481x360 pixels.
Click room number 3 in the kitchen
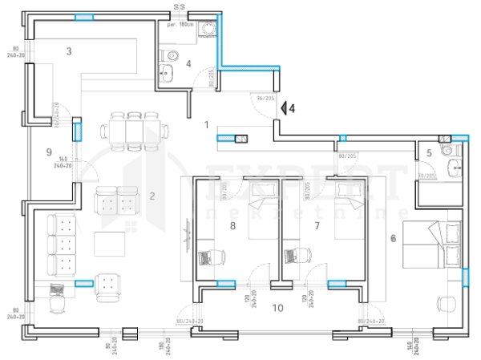tap(70, 51)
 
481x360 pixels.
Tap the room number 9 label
tap(49, 151)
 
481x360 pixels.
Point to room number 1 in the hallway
tap(206, 125)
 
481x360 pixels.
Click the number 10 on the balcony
tap(277, 307)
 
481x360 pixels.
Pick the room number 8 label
tap(233, 227)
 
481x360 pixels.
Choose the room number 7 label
tap(317, 227)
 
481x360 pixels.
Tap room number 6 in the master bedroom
tap(393, 237)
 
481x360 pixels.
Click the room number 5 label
tap(429, 152)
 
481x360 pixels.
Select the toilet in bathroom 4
tap(170, 55)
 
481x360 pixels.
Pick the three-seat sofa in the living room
tap(60, 244)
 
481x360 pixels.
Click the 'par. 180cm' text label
tap(180, 25)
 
